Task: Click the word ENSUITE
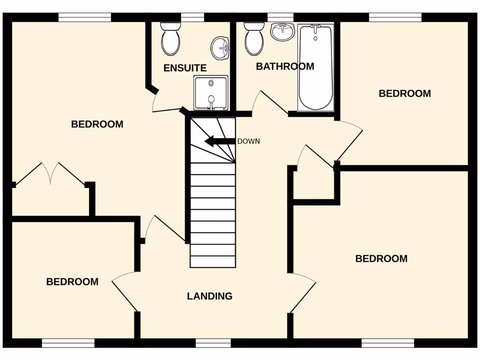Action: click(x=185, y=68)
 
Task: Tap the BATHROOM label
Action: click(x=285, y=67)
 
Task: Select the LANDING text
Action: click(x=210, y=296)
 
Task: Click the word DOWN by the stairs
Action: click(x=248, y=141)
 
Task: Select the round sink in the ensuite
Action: click(x=220, y=47)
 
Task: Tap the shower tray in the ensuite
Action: click(x=211, y=93)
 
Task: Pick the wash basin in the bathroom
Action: click(x=283, y=32)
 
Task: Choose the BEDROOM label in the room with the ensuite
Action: click(x=97, y=124)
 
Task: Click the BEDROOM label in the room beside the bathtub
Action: click(x=405, y=94)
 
